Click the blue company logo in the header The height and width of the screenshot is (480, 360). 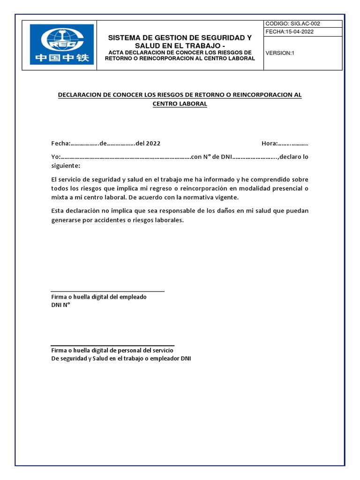coord(62,45)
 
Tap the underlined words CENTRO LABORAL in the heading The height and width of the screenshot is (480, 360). coord(180,104)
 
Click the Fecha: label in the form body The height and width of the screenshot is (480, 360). coord(60,143)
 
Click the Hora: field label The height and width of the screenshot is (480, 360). coord(270,143)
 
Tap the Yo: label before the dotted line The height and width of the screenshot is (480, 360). coord(56,157)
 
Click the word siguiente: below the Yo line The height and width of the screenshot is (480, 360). coord(66,166)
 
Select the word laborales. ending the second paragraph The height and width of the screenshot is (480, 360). coord(169,220)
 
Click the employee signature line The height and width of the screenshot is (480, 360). coord(107,291)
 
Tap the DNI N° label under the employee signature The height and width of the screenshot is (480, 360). coord(60,305)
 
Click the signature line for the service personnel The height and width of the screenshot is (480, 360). coord(112,345)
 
